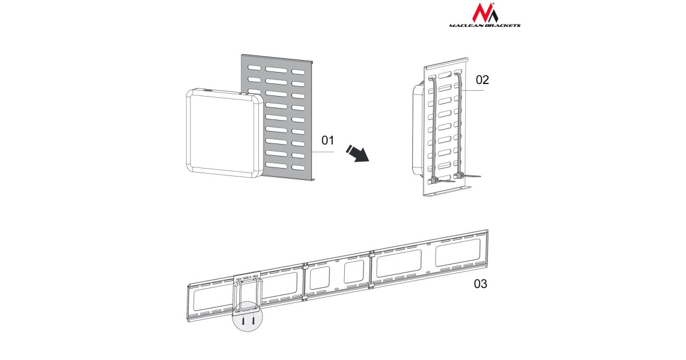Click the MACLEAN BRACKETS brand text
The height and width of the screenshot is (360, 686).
[x=485, y=25]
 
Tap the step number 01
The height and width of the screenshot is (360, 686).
[x=328, y=141]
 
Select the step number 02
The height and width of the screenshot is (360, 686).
[x=482, y=80]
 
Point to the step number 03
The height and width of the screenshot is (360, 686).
[x=481, y=284]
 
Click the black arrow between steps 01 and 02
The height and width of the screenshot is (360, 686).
[x=358, y=153]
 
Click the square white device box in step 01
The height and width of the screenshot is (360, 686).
[x=225, y=134]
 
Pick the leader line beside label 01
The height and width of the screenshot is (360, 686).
[x=323, y=152]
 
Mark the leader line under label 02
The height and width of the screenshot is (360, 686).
[x=473, y=90]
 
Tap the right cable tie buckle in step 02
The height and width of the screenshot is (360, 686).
[x=459, y=176]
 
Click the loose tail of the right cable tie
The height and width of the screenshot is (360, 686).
[x=472, y=177]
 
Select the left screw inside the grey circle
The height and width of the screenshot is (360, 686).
[x=243, y=321]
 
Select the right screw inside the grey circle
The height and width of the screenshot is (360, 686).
[x=253, y=320]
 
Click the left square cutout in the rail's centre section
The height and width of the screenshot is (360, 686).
[x=320, y=278]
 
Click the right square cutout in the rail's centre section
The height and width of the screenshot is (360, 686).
[x=354, y=272]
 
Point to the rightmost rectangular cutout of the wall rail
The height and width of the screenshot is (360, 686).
[x=457, y=253]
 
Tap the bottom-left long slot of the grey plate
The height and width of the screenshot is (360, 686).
[x=276, y=165]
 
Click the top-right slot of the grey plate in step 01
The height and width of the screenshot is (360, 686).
[x=298, y=72]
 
